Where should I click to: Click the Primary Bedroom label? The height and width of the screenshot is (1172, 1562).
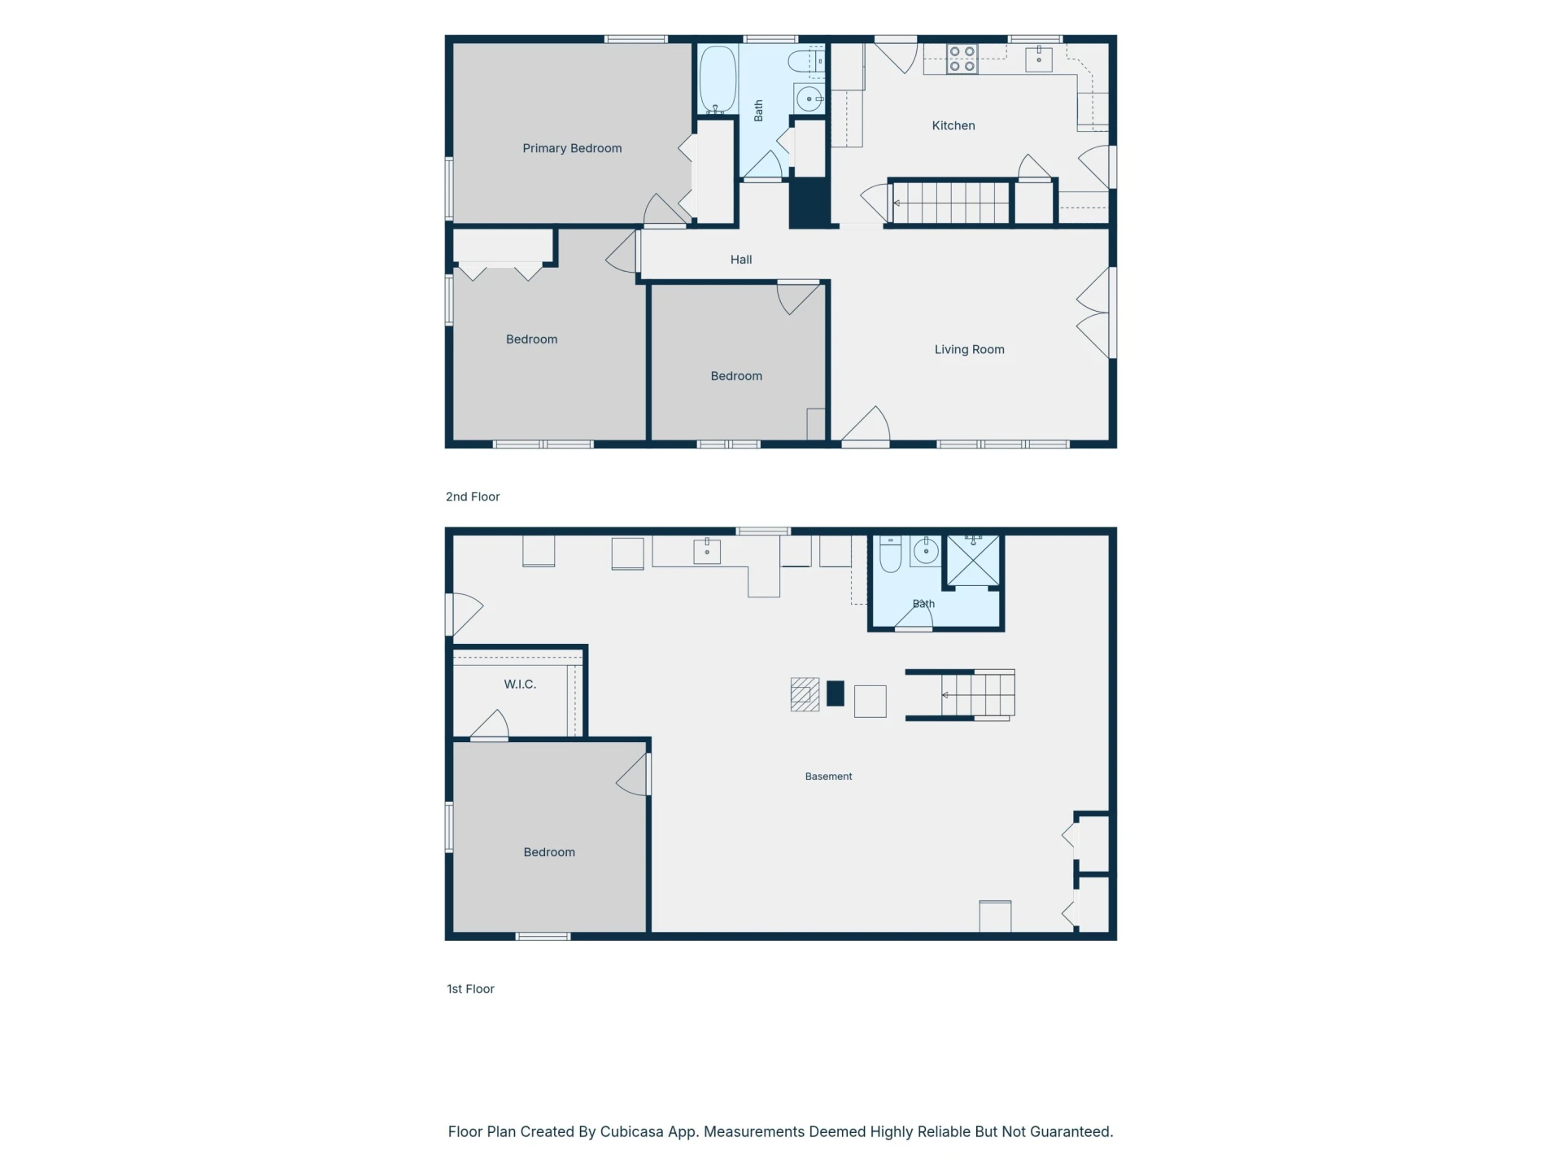572,148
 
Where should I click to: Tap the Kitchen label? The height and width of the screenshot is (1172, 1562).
953,125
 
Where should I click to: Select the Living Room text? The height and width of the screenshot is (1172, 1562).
969,349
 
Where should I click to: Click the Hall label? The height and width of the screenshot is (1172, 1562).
741,260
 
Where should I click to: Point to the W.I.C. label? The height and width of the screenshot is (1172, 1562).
520,684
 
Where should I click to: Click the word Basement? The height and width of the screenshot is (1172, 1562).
828,776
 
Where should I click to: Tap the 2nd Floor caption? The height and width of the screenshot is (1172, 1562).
473,496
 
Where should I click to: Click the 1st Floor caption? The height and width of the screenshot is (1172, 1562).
470,989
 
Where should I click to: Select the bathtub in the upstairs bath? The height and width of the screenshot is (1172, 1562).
718,80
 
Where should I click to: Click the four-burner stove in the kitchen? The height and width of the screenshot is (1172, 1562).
962,59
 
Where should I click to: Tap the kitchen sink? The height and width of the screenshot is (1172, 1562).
1039,59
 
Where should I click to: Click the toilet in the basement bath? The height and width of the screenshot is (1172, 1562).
891,553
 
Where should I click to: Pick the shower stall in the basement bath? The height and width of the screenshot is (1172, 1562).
973,560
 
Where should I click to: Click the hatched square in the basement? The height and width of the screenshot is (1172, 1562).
805,695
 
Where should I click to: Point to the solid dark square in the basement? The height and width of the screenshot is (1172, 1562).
836,693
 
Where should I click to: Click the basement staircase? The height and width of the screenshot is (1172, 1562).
960,695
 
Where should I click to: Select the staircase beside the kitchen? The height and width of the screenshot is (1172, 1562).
950,202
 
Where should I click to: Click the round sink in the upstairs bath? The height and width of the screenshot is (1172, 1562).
809,98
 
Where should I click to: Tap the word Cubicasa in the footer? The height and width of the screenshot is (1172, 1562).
631,1131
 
